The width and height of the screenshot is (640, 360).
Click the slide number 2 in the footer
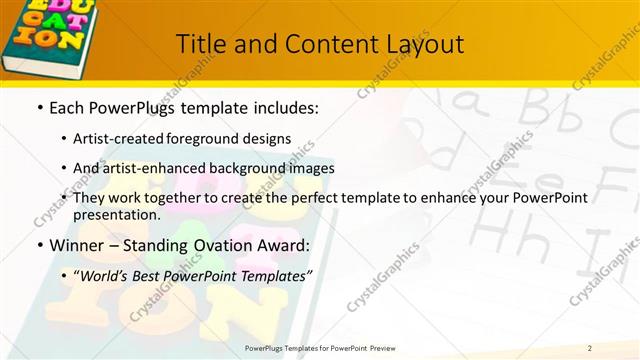590,347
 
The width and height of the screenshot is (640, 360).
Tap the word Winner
77,245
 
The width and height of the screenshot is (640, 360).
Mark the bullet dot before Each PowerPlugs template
39,107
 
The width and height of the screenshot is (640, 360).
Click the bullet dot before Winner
39,245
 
